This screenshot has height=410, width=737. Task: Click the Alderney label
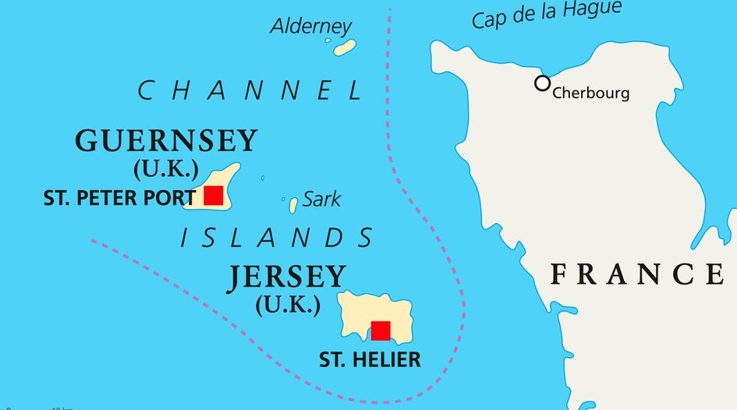coord(311,26)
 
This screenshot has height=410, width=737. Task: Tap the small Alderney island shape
coord(345,48)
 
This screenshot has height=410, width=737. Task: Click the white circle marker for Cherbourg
coord(542,83)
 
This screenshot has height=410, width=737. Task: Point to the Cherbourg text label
coord(590,94)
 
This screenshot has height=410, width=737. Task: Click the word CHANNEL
coord(250,91)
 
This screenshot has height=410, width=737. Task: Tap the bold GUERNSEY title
coord(166,141)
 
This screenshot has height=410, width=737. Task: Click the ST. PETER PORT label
coord(119,198)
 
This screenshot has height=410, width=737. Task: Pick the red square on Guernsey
coord(213,196)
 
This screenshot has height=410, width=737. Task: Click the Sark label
coord(321,200)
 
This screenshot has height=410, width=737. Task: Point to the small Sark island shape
coord(293,205)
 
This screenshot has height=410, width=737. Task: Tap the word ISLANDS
coord(277,238)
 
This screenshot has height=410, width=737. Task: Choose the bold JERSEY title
coord(286,277)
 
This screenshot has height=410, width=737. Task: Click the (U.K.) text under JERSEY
coord(287,304)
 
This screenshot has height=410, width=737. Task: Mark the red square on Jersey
coord(381,330)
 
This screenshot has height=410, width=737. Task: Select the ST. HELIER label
coord(370,359)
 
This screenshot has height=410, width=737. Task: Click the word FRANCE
coord(636,274)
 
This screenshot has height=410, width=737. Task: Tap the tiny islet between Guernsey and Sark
coord(262,178)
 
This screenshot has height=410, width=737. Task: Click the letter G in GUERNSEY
coord(88,141)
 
